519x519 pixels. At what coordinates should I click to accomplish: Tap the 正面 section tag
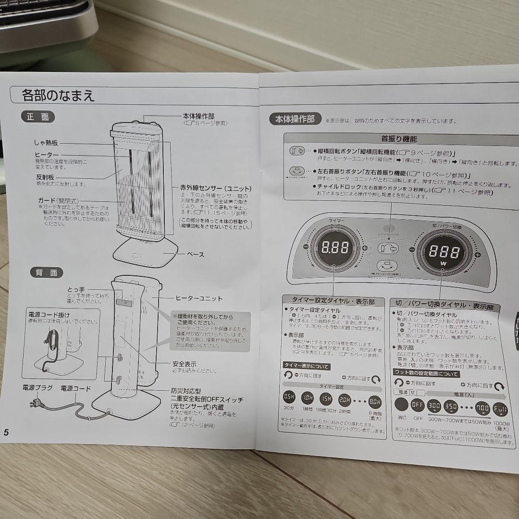click(x=38, y=117)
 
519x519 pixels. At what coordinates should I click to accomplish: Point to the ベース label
click(x=195, y=254)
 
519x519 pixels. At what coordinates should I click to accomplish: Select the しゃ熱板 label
click(x=46, y=143)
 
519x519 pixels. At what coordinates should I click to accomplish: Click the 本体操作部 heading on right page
click(x=295, y=119)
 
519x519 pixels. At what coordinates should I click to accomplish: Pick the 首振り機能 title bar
click(x=399, y=138)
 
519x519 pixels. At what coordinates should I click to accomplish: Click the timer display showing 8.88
click(x=336, y=248)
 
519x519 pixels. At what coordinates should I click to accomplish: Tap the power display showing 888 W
click(x=444, y=252)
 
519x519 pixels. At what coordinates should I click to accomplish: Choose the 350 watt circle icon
click(x=451, y=406)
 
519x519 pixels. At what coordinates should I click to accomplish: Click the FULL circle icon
click(x=500, y=409)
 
